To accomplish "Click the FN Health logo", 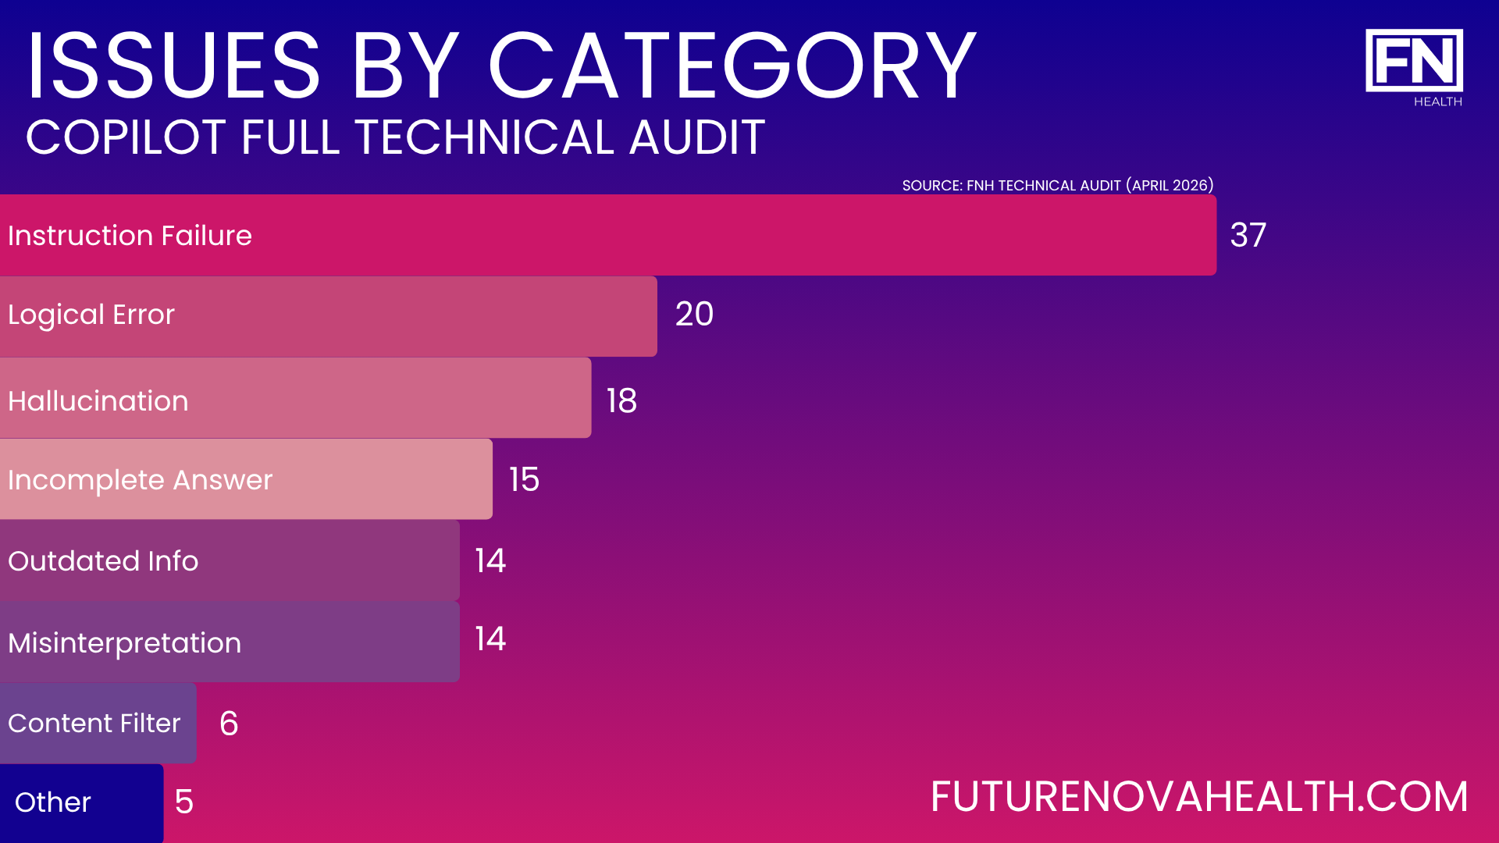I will [1414, 67].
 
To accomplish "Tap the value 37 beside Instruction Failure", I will [1248, 235].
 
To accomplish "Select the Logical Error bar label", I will [91, 315].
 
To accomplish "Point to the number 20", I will [694, 314].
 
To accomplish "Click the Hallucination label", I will [98, 401].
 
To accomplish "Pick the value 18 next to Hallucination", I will [621, 401].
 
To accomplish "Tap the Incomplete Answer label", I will [141, 480].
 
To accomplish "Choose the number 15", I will [524, 479].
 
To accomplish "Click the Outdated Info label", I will [103, 561].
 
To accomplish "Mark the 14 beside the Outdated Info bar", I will [490, 560].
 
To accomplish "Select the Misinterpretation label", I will [125, 643].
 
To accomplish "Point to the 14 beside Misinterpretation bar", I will [490, 639].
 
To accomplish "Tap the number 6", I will [229, 724].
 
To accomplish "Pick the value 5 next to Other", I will [184, 802].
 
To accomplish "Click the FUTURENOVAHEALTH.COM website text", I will [1199, 797].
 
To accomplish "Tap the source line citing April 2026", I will [1058, 186].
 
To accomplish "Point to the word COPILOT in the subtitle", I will [127, 137].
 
